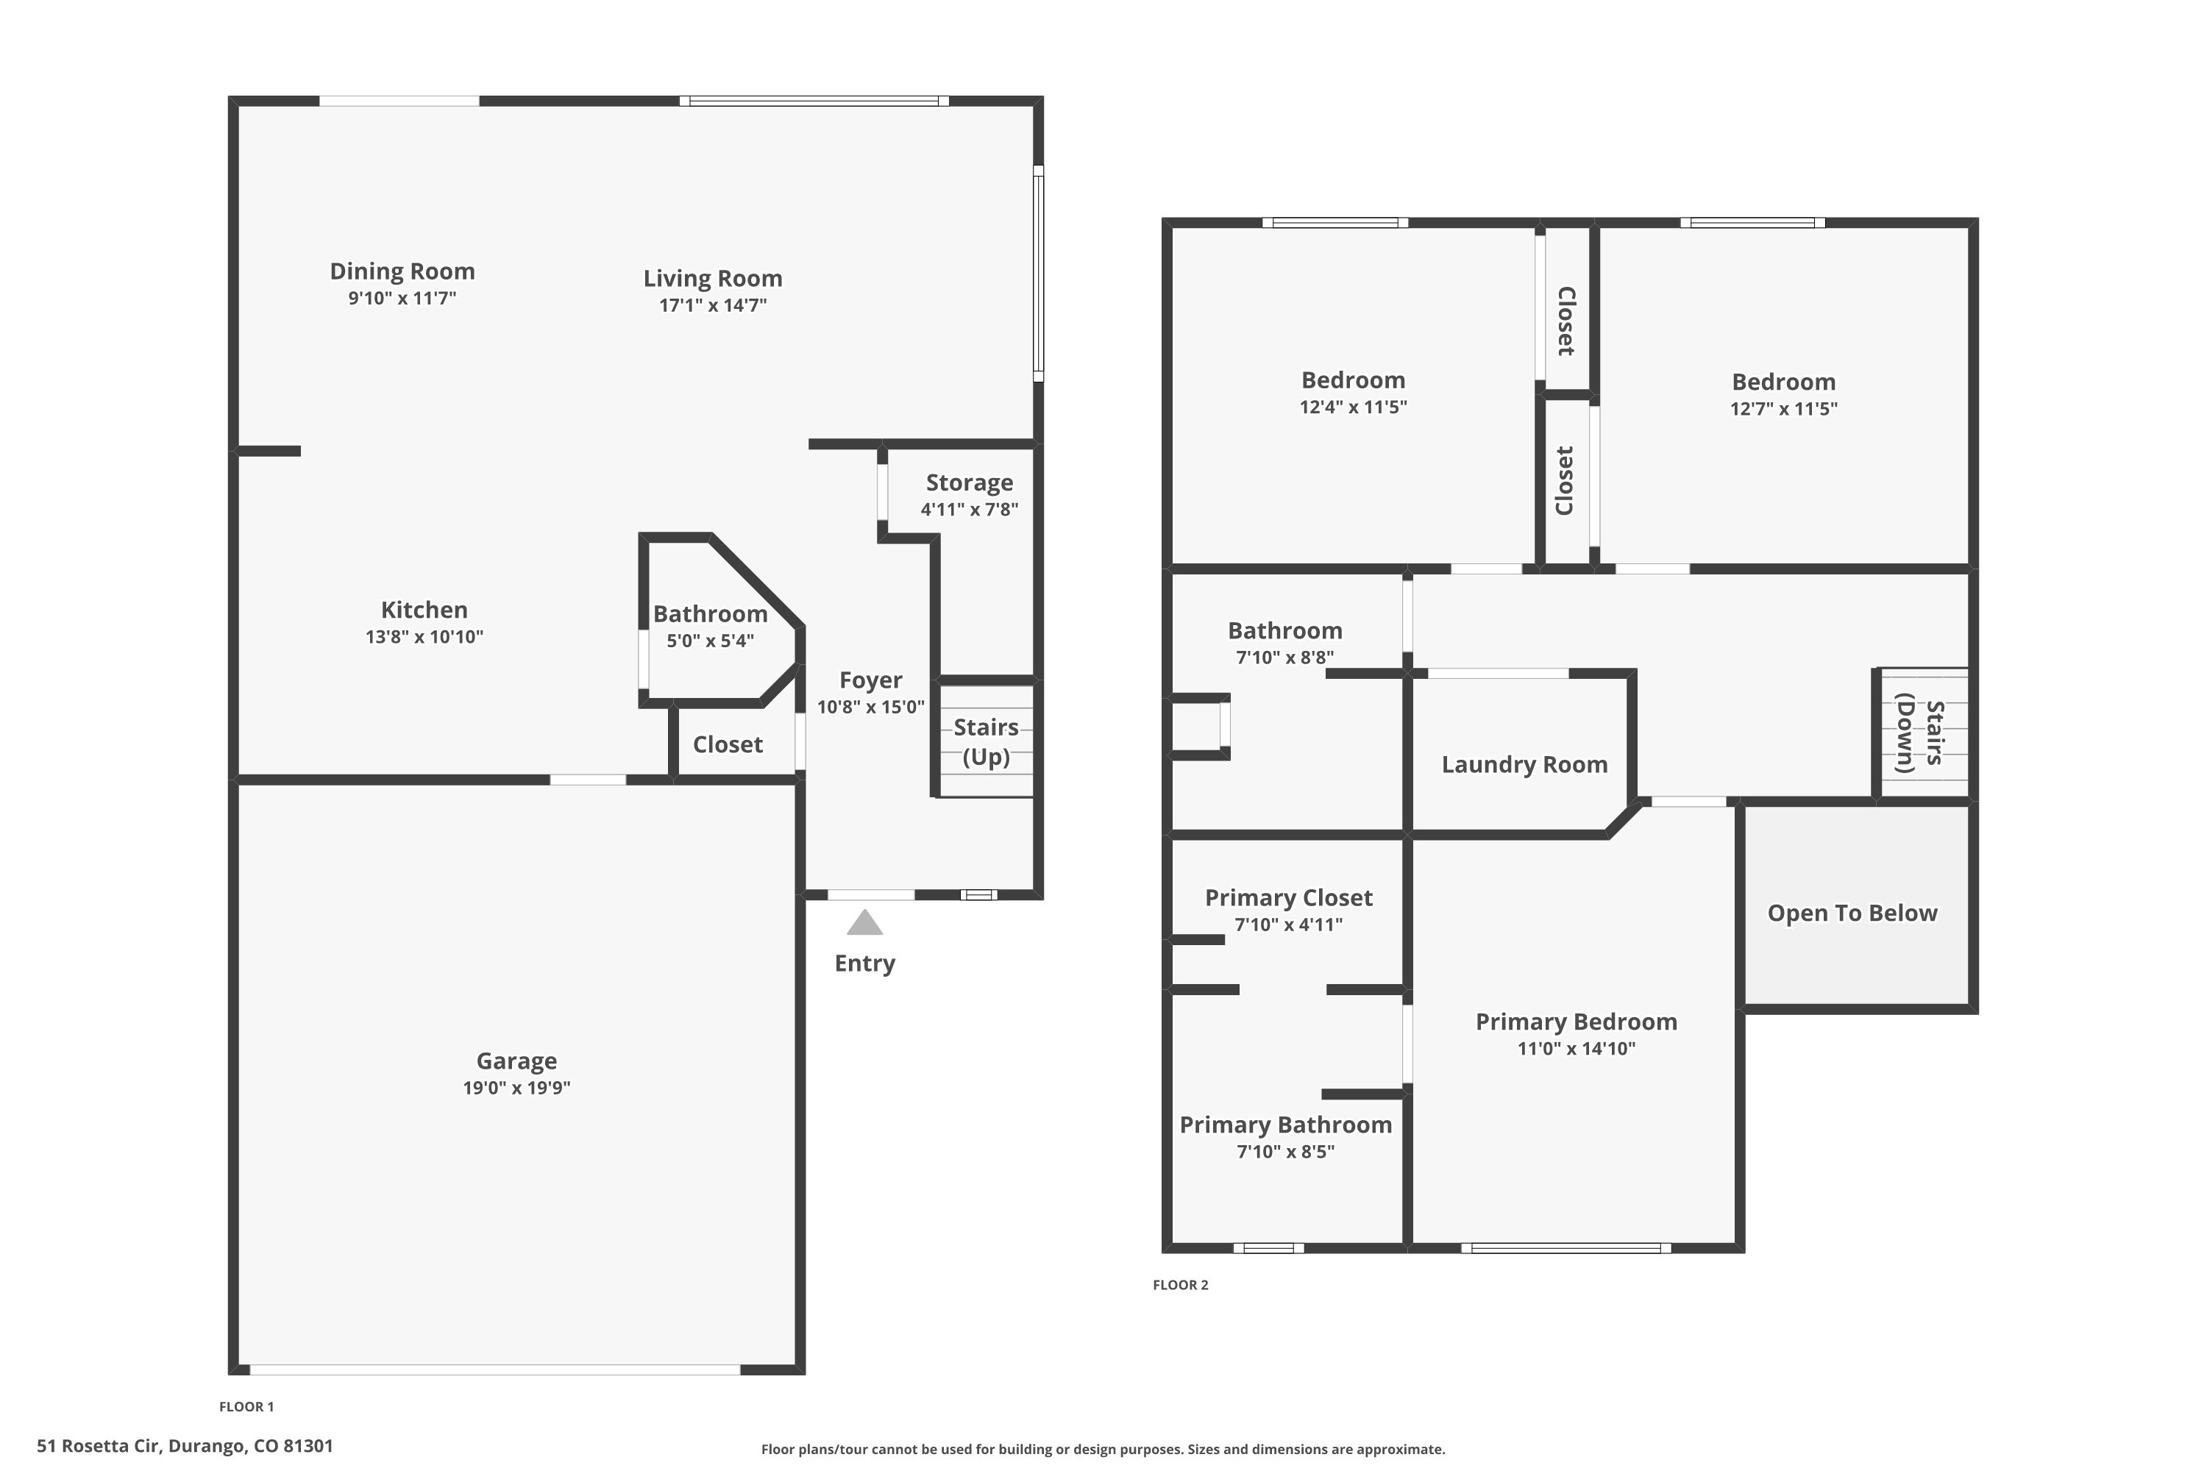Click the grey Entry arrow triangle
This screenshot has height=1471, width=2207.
pyautogui.click(x=864, y=923)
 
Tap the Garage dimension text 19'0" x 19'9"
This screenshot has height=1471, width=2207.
pyautogui.click(x=516, y=1087)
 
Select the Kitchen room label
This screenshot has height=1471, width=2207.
pyautogui.click(x=424, y=610)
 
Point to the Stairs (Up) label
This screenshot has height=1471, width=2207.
pyautogui.click(x=985, y=741)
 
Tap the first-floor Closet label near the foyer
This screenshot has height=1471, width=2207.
pyautogui.click(x=728, y=745)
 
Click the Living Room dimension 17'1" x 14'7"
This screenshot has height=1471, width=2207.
pyautogui.click(x=712, y=305)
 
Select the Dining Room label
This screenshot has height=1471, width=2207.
pyautogui.click(x=402, y=271)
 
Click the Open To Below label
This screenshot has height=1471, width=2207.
pyautogui.click(x=1852, y=913)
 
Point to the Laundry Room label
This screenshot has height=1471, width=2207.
pyautogui.click(x=1524, y=765)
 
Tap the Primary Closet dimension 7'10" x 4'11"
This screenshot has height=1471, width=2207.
pyautogui.click(x=1287, y=924)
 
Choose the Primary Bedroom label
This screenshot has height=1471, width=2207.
pyautogui.click(x=1576, y=1022)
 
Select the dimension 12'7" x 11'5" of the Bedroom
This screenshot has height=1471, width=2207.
pyautogui.click(x=1783, y=408)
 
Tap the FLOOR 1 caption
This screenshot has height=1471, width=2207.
pyautogui.click(x=246, y=1406)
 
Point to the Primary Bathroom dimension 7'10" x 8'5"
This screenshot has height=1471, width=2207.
pyautogui.click(x=1284, y=1151)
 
